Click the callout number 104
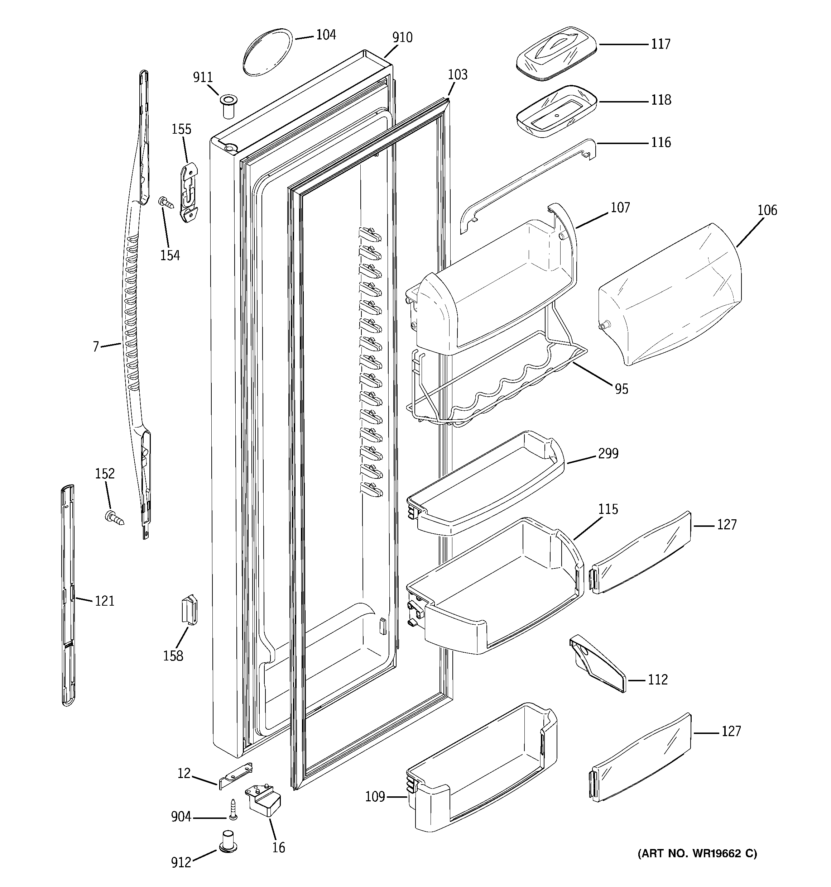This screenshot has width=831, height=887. click(x=326, y=35)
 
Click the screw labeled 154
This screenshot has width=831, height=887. click(x=166, y=202)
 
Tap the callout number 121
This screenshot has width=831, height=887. click(x=104, y=601)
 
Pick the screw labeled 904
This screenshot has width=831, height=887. click(x=233, y=809)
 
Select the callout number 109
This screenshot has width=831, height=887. click(x=375, y=796)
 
